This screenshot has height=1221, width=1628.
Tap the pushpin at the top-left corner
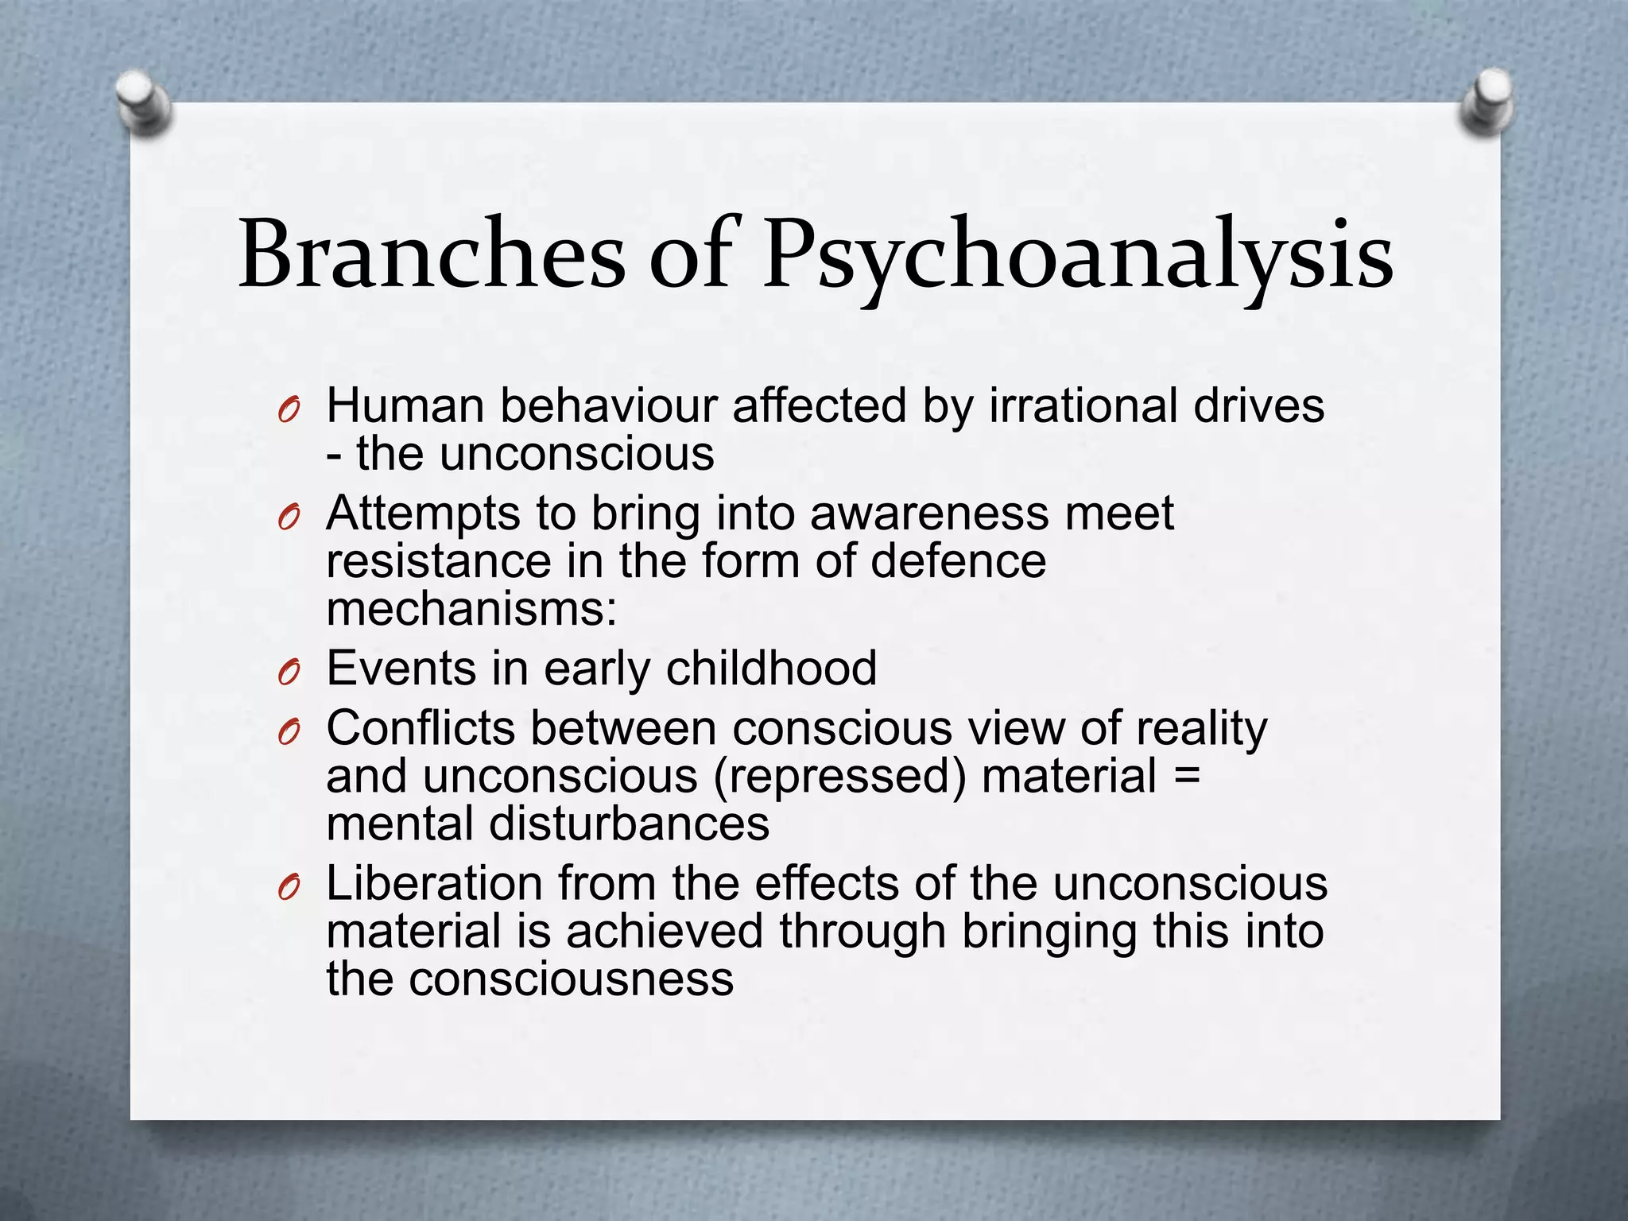click(144, 103)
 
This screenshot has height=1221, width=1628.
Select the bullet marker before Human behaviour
click(288, 411)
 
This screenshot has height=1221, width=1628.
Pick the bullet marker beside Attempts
click(288, 518)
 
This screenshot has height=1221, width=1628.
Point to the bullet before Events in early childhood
click(288, 673)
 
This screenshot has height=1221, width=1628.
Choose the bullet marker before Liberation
click(288, 888)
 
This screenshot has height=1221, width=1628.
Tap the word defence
click(958, 561)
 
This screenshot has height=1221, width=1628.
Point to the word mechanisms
click(471, 610)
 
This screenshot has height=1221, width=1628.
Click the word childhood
click(771, 668)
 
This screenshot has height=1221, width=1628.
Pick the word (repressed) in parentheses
click(839, 776)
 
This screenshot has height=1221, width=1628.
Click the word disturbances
click(629, 824)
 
